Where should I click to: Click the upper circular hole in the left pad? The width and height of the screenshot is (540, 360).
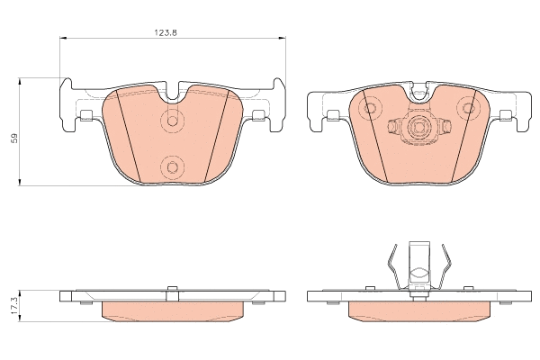(172, 122)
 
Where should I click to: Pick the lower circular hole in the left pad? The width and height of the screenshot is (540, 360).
(172, 165)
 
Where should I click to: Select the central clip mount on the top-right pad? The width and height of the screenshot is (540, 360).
(417, 128)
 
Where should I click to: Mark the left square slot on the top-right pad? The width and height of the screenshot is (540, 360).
(332, 114)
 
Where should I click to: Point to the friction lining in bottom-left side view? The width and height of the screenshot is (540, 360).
(172, 310)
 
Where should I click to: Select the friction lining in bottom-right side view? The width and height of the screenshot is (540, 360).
(417, 310)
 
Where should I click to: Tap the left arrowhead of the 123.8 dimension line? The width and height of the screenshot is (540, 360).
(62, 38)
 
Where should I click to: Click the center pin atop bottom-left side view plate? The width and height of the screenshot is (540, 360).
(172, 287)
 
